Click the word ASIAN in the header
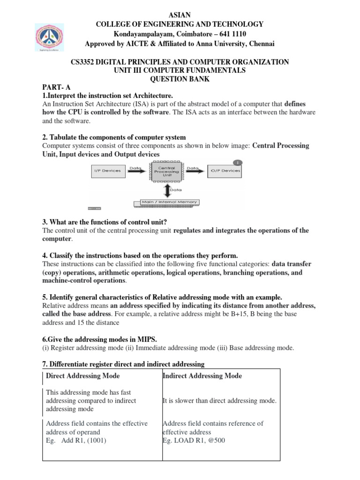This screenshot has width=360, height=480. (x=180, y=15)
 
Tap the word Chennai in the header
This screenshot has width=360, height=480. (x=262, y=44)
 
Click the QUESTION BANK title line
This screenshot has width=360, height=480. (x=180, y=79)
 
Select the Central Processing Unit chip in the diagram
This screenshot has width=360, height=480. (x=167, y=171)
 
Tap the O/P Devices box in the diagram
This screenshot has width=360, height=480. (x=225, y=171)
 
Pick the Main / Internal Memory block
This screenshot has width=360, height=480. (x=166, y=202)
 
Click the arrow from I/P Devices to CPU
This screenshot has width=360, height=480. (x=136, y=171)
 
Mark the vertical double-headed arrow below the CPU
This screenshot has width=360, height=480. (x=167, y=190)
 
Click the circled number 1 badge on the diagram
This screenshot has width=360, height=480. (x=239, y=162)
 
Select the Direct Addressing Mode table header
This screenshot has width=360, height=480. (x=83, y=376)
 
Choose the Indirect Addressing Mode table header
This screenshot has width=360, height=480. (x=202, y=376)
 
